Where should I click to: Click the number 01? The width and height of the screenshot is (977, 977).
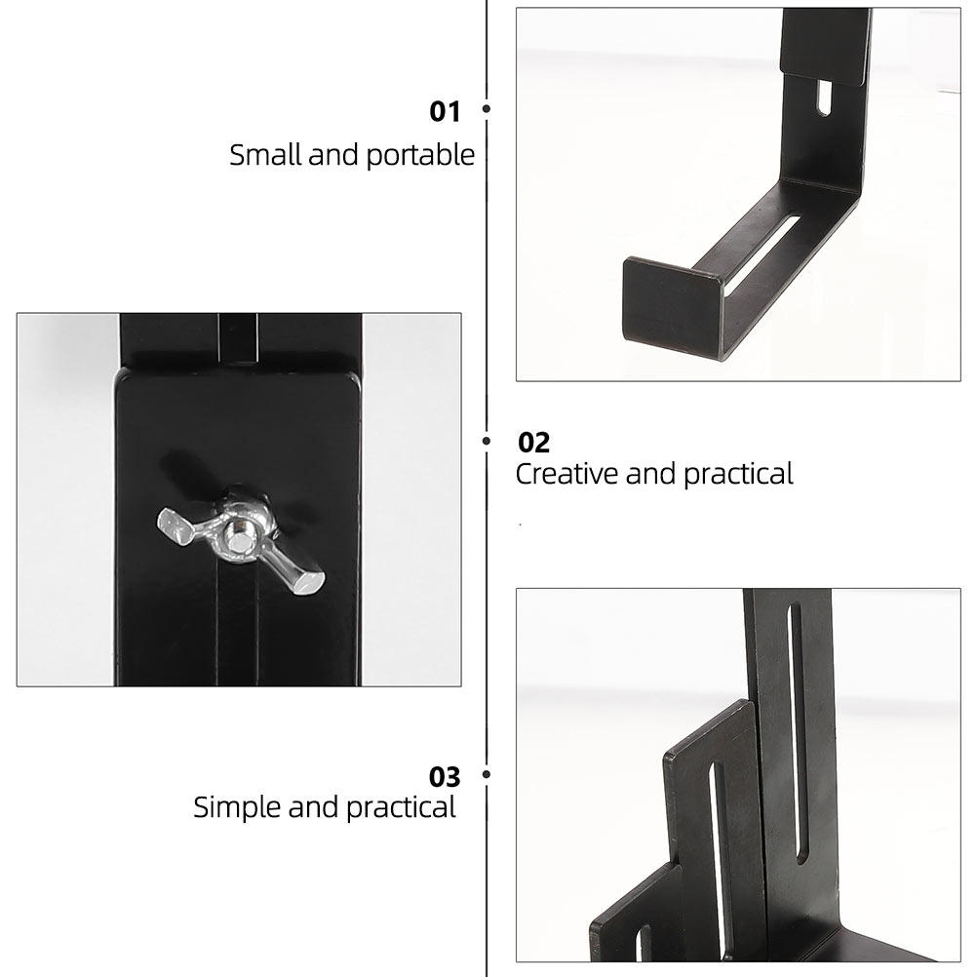click(445, 111)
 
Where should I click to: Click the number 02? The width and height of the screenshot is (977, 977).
click(534, 443)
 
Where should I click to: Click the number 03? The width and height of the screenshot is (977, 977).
click(445, 777)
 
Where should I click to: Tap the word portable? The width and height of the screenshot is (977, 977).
click(420, 156)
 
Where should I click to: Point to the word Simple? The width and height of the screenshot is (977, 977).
click(237, 808)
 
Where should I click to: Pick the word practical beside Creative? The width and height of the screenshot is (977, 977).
click(738, 476)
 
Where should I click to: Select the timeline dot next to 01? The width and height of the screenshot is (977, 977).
click(486, 108)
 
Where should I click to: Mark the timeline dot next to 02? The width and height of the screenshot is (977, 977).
click(486, 441)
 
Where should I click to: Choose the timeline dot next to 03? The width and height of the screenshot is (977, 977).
click(486, 774)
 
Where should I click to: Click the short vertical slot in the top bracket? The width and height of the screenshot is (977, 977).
click(824, 97)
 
